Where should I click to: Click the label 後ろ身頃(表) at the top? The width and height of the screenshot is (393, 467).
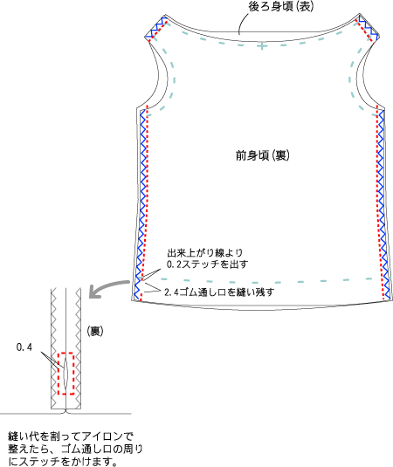tap(281, 7)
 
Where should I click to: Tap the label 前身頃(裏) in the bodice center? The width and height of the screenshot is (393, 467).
tap(263, 155)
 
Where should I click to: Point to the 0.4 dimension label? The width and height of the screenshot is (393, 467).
tap(24, 347)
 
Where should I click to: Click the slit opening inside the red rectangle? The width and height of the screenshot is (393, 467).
tap(65, 374)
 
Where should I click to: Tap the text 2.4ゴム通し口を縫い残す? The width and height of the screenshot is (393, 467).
tap(219, 292)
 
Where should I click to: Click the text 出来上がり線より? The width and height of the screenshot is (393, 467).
tap(205, 253)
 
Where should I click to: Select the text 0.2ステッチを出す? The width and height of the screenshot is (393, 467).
tap(207, 264)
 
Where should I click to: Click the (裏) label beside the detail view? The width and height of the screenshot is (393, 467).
tap(95, 331)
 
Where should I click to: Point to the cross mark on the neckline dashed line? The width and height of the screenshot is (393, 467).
tap(262, 46)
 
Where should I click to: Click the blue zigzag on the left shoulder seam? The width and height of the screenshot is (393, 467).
tap(155, 28)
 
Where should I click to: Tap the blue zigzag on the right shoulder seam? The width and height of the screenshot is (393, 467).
tap(369, 27)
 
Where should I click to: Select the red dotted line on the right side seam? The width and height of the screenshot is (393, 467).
tap(380, 202)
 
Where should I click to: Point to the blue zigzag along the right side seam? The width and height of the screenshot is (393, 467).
tap(384, 204)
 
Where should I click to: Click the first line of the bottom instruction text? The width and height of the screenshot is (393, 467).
tap(71, 436)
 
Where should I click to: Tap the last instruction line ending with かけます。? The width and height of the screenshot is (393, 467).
tap(63, 462)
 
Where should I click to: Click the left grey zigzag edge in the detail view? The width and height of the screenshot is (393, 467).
tap(54, 348)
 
